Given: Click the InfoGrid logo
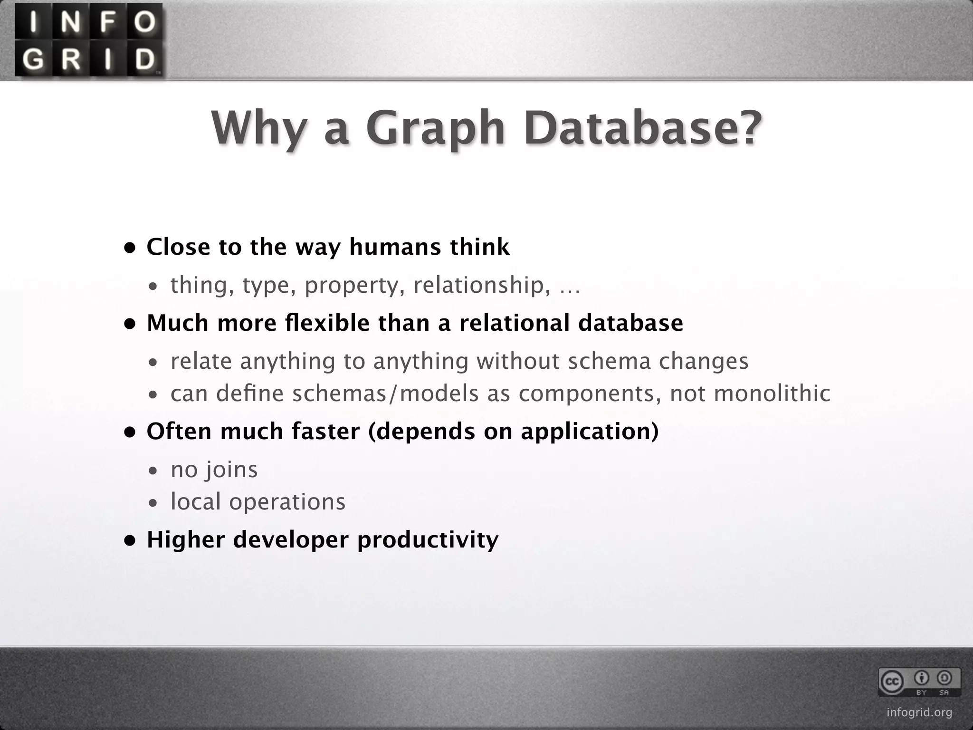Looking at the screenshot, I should point(89,41).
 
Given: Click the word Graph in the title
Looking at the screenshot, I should point(435,129).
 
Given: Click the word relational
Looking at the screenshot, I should point(514,323).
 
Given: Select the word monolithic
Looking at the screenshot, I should point(772,393).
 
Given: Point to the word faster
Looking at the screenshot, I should point(326,431).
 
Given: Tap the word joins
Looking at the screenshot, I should point(231,470).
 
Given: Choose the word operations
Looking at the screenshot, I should point(287,502).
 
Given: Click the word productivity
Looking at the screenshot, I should point(428,540).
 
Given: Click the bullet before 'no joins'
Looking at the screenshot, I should point(153,471).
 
